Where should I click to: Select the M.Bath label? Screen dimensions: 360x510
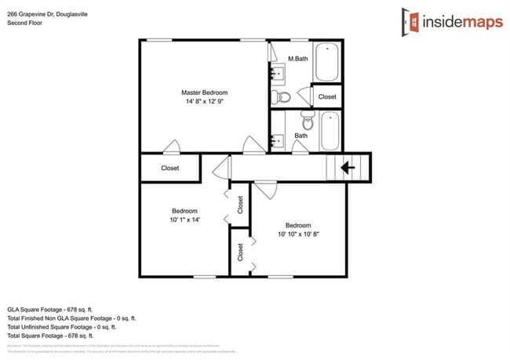point(297,59)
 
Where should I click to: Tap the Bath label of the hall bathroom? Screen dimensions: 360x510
point(301,136)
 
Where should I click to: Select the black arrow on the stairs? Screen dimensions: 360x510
point(346,166)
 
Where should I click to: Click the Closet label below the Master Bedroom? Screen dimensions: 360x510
point(169,168)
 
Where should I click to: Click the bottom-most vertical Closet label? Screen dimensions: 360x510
point(241,252)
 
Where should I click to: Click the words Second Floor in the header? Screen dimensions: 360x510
point(24,24)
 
